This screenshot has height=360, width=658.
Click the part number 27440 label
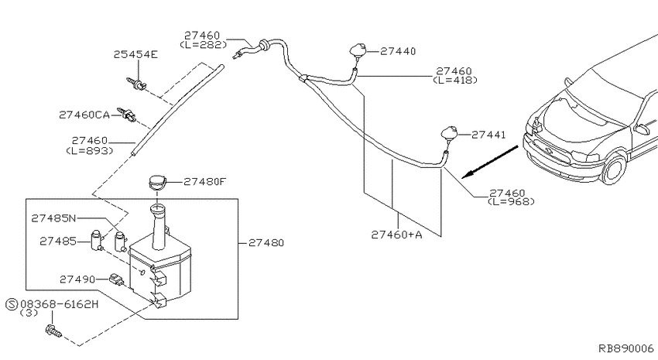(x=398, y=51)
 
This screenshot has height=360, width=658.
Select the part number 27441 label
(x=488, y=135)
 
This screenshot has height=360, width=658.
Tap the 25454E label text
(x=135, y=54)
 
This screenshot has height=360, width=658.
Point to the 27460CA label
(x=84, y=115)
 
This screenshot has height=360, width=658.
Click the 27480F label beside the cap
(x=205, y=182)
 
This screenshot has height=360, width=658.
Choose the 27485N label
(x=53, y=218)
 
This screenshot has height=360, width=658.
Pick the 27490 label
(x=77, y=279)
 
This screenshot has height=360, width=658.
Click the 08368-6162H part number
(x=59, y=303)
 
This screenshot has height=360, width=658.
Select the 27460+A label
(x=396, y=235)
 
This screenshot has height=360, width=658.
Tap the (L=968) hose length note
(x=511, y=201)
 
